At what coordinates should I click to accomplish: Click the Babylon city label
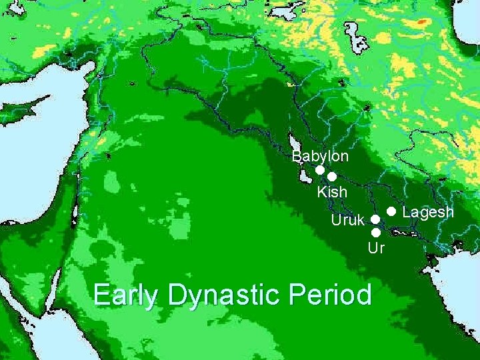click(321, 156)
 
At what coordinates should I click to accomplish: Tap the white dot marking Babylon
click(320, 171)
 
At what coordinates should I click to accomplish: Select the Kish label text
click(332, 192)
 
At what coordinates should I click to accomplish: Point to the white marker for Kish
click(331, 177)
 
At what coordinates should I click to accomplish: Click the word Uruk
click(348, 219)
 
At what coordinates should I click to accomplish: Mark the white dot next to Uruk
click(375, 219)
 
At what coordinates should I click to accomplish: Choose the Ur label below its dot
click(376, 249)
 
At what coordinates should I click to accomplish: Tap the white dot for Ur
click(375, 233)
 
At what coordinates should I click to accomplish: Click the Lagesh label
click(428, 212)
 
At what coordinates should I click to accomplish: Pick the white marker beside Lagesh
click(392, 211)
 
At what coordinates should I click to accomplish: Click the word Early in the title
click(126, 295)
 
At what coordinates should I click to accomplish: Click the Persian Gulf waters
click(460, 280)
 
